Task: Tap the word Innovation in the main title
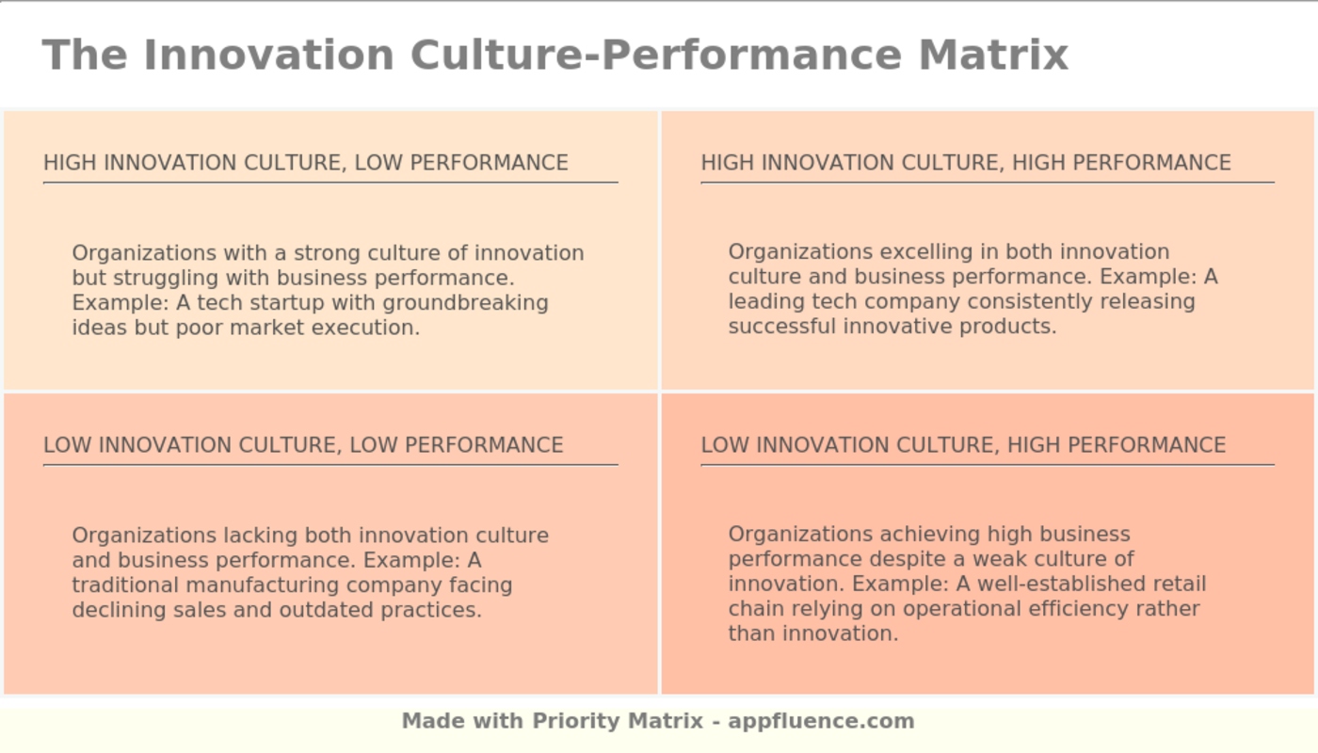pos(268,55)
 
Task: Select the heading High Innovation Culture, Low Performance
pos(306,163)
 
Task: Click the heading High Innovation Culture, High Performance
pos(966,163)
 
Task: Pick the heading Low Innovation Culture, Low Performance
pos(303,445)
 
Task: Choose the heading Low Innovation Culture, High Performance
pos(963,445)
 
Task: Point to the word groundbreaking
pos(466,303)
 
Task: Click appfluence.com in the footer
pos(821,721)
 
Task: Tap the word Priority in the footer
pos(574,721)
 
